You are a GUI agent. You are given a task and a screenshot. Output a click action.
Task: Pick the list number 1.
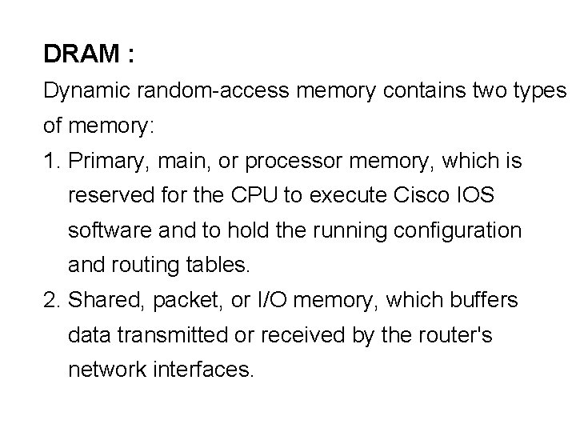[x=51, y=162]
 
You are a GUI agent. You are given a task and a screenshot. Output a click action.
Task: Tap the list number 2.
[x=51, y=301]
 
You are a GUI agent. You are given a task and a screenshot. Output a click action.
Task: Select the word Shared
[x=100, y=301]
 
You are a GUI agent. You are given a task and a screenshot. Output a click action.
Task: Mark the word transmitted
[x=170, y=336]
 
